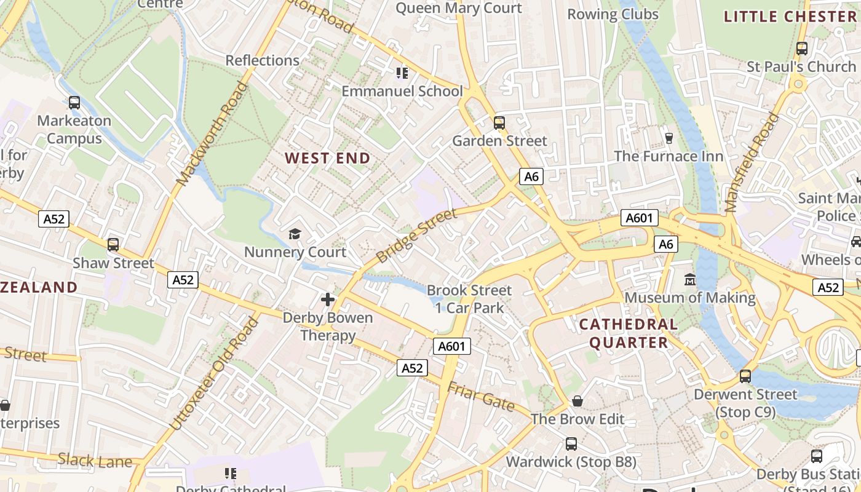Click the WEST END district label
click(328, 158)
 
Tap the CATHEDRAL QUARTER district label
click(628, 333)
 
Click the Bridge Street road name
click(416, 236)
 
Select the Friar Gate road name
click(480, 396)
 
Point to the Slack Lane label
click(95, 460)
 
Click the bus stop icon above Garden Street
click(499, 123)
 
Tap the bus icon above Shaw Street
click(113, 244)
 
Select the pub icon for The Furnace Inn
click(669, 138)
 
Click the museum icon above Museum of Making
click(690, 280)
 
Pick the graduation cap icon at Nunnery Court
click(295, 234)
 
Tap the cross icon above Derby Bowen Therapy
click(328, 300)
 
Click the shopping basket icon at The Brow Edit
click(577, 401)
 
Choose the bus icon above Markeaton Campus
click(74, 103)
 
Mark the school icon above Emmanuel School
click(402, 73)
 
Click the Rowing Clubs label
click(613, 14)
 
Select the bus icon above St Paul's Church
click(801, 48)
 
